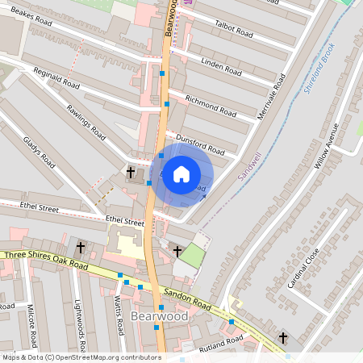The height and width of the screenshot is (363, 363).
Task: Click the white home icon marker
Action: point(181,174)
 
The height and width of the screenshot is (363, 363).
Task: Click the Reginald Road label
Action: point(56,78)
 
